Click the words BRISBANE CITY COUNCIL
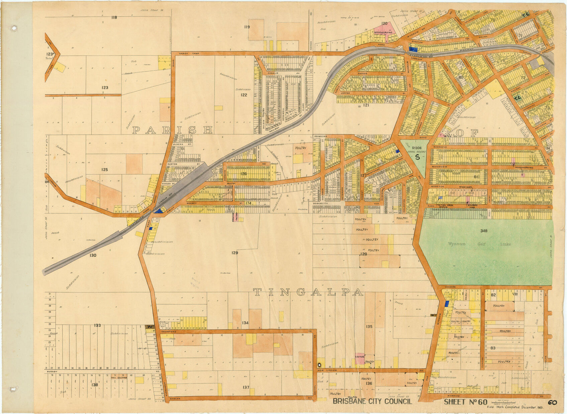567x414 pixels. [x=372, y=402]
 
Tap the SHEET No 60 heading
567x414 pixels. [x=465, y=402]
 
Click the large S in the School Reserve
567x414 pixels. [x=417, y=156]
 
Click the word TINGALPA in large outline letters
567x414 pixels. [x=308, y=292]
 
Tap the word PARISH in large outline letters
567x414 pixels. [x=173, y=130]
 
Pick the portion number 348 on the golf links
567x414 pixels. [x=484, y=231]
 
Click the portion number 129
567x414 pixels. [x=234, y=253]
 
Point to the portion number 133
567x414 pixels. [x=97, y=325]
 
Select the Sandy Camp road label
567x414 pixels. [x=187, y=54]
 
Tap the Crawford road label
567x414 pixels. [x=168, y=332]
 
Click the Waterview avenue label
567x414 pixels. [x=439, y=166]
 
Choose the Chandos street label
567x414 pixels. [x=450, y=287]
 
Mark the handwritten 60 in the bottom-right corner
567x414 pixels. [x=552, y=402]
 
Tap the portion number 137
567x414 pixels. [x=246, y=387]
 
